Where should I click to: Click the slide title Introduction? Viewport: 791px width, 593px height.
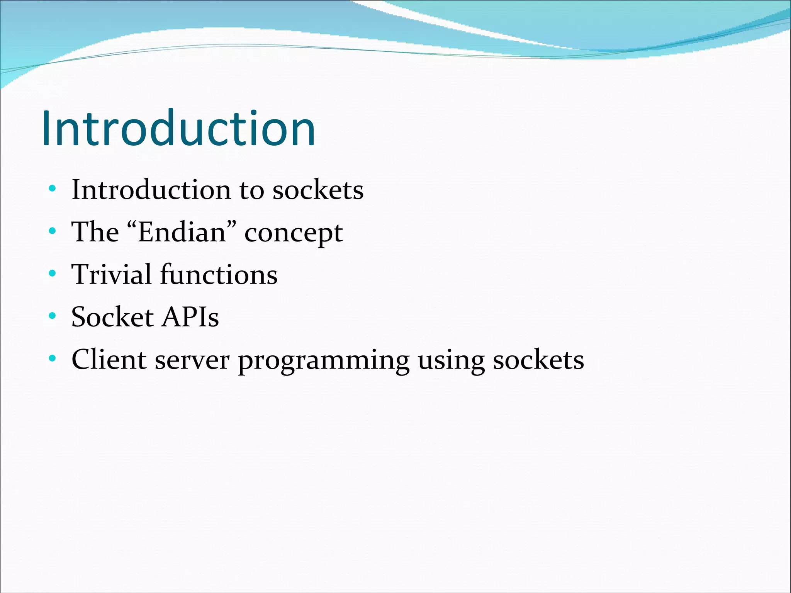click(178, 128)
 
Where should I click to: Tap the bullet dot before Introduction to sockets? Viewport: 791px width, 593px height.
click(53, 189)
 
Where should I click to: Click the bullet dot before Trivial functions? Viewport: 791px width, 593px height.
click(53, 274)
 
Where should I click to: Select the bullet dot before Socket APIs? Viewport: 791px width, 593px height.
click(53, 316)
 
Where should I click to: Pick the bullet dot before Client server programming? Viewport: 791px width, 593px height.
click(53, 359)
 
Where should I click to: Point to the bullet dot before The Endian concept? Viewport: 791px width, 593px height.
click(53, 231)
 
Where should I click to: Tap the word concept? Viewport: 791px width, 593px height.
click(294, 234)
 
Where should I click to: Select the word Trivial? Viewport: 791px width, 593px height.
click(111, 274)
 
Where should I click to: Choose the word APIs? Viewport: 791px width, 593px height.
click(190, 317)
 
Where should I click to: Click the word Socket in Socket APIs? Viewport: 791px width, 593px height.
click(112, 317)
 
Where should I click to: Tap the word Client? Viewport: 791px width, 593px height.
click(109, 360)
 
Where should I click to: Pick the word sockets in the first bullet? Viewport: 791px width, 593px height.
click(318, 190)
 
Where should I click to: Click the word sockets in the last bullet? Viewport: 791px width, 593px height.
click(538, 360)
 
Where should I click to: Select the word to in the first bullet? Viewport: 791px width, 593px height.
click(251, 190)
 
